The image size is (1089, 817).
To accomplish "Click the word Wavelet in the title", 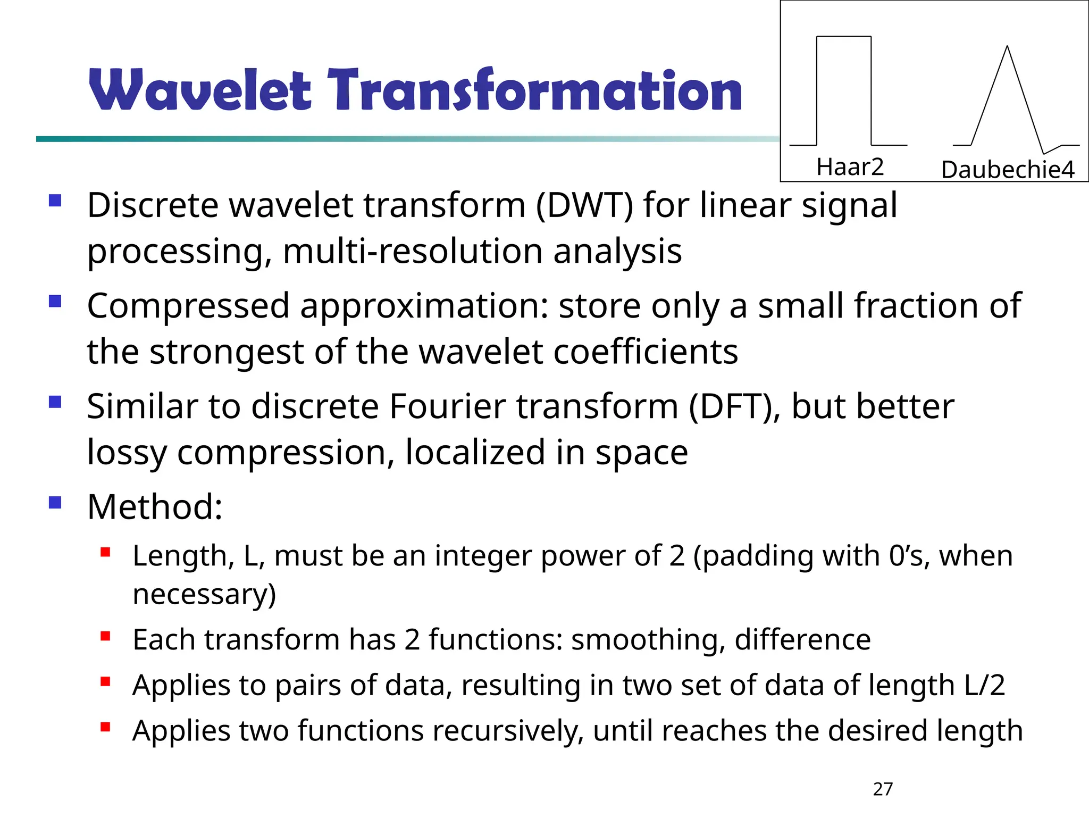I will pyautogui.click(x=199, y=90).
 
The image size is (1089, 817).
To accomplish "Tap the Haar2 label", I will pyautogui.click(x=850, y=167).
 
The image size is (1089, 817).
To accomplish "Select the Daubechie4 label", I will pyautogui.click(x=1008, y=170).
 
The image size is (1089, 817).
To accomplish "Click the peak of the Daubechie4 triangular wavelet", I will pyautogui.click(x=1007, y=47).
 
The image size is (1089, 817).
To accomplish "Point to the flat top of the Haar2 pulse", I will pyautogui.click(x=843, y=37).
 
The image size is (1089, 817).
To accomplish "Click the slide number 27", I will pyautogui.click(x=883, y=789).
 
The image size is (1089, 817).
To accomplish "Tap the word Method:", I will pyautogui.click(x=155, y=507).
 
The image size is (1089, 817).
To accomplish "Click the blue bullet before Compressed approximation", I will pyautogui.click(x=55, y=302).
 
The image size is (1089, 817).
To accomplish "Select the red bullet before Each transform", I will pyautogui.click(x=105, y=636).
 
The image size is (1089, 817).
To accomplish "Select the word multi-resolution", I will pyautogui.click(x=413, y=252).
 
